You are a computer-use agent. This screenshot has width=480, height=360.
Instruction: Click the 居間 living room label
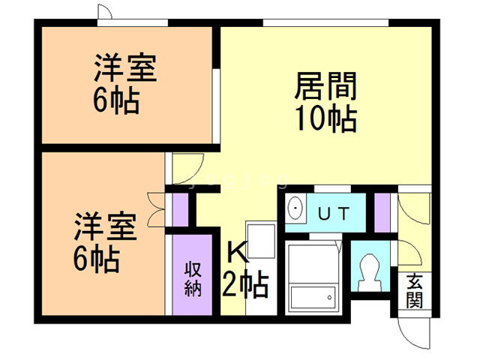(x=325, y=86)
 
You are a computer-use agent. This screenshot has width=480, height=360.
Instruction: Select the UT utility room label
(x=334, y=214)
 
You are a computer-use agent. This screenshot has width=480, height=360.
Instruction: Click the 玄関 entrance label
(x=415, y=291)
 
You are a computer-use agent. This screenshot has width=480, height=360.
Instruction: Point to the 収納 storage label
(x=193, y=279)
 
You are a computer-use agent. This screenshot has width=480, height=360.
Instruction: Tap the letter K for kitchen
(x=238, y=250)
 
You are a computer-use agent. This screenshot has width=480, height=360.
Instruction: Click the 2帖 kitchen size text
(x=245, y=285)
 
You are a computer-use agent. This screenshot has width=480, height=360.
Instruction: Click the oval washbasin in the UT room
(x=295, y=208)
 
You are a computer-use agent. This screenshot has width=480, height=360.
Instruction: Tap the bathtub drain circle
(x=330, y=298)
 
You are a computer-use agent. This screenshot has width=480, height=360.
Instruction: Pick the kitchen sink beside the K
(x=261, y=241)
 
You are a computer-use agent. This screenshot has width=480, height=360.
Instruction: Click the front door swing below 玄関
(x=414, y=334)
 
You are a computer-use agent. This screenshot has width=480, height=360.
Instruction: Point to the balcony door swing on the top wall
(x=105, y=12)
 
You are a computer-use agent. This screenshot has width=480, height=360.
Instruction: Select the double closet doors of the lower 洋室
(x=156, y=210)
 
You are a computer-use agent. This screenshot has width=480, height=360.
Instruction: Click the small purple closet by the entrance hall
(x=382, y=212)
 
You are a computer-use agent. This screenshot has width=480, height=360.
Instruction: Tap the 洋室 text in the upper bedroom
(x=125, y=67)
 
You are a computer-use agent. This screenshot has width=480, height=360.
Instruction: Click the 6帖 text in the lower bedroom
(x=97, y=258)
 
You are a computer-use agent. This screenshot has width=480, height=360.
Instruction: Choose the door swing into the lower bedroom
(x=188, y=169)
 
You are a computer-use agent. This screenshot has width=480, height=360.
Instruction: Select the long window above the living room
(x=325, y=22)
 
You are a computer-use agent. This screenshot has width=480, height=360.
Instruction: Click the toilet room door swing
(x=410, y=253)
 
